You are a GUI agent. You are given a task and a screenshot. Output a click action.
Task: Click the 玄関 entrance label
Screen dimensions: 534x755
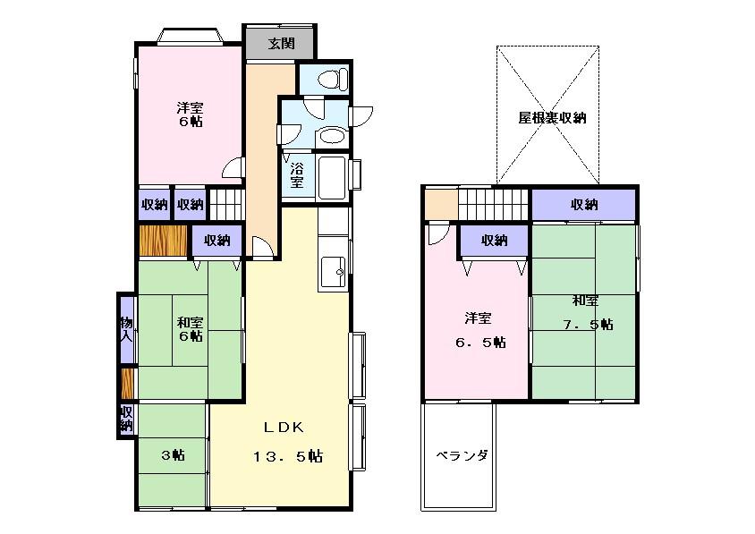click(x=279, y=43)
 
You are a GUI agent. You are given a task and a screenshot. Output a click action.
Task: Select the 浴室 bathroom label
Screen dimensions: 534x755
click(x=296, y=174)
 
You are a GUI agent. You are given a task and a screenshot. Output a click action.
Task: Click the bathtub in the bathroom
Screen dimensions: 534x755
click(x=334, y=174)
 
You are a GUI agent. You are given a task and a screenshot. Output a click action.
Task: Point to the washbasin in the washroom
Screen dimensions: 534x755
click(x=331, y=137)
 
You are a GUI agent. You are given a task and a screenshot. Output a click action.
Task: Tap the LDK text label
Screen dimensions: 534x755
click(x=278, y=427)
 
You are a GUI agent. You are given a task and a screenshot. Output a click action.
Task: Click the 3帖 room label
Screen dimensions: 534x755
click(x=173, y=455)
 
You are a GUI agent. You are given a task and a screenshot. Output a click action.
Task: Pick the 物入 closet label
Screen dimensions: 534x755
click(x=127, y=329)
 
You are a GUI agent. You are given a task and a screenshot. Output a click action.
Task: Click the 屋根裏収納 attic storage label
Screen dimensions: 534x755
click(x=552, y=117)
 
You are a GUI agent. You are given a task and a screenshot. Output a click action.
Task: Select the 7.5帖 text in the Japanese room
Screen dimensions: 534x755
click(x=587, y=324)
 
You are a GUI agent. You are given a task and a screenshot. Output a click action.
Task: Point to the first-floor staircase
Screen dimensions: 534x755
click(x=225, y=203)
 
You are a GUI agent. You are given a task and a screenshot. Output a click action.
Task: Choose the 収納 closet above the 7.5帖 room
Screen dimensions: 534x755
click(x=584, y=205)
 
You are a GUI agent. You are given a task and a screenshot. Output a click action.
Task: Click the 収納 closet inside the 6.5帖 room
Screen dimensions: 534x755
click(x=494, y=240)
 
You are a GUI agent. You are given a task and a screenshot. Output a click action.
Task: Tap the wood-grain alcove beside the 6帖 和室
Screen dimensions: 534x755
click(x=162, y=241)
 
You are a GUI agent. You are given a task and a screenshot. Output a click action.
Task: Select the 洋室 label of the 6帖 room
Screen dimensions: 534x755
click(x=188, y=107)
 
